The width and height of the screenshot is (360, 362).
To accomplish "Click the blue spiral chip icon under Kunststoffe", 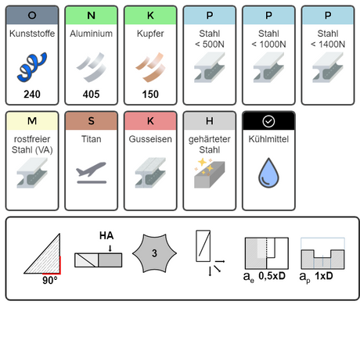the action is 32,66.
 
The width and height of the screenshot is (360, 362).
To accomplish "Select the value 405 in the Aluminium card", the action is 92,94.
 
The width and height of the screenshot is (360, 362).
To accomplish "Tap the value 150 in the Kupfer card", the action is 150,94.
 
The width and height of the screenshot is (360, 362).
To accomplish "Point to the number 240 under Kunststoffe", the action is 32,94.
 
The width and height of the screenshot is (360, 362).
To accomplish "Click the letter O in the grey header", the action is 32,16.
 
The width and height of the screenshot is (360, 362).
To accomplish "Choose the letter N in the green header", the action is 92,16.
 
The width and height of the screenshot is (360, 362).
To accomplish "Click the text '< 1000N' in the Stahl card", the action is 268,45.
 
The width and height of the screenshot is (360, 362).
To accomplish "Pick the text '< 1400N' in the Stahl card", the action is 328,45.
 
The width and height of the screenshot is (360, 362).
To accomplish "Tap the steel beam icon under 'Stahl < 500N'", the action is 210,67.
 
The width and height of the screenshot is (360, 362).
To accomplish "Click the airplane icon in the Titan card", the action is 92,173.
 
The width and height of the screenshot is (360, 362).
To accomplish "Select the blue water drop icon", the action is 268,173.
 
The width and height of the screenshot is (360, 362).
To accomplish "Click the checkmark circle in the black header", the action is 268,121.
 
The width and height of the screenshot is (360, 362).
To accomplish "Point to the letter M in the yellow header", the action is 32,121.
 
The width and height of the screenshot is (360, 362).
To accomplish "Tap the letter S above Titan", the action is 92,121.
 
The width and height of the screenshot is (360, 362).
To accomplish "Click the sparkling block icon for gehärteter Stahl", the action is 210,173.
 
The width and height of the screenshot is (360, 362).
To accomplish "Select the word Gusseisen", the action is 150,139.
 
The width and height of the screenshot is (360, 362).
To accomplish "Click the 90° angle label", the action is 50,281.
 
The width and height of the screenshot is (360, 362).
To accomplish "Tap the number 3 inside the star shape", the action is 154,253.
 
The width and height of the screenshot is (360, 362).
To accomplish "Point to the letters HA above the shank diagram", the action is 106,235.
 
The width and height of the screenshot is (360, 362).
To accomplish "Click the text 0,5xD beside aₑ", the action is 272,276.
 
